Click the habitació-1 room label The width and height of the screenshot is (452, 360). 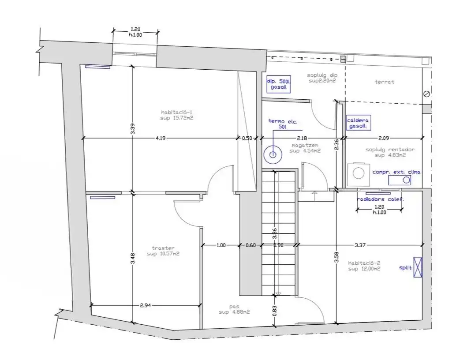177,115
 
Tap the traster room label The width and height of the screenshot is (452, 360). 163,251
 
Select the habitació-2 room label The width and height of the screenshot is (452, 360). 364,266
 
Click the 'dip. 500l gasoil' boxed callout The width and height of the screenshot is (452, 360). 278,84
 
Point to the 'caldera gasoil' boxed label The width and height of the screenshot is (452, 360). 358,123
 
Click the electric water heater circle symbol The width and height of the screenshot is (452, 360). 273,155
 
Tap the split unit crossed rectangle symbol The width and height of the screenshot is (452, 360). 418,267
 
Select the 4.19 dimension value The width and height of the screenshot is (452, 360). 161,138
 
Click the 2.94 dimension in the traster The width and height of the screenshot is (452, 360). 145,305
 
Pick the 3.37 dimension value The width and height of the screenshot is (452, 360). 360,245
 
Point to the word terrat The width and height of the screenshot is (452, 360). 385,82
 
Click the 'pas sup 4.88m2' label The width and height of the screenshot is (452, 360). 234,309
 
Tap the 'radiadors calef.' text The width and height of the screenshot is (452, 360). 380,199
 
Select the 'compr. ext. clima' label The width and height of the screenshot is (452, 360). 396,172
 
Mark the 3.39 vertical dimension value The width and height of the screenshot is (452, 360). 133,129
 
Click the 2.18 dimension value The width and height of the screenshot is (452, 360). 302,139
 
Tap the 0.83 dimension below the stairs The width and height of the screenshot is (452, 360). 274,311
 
